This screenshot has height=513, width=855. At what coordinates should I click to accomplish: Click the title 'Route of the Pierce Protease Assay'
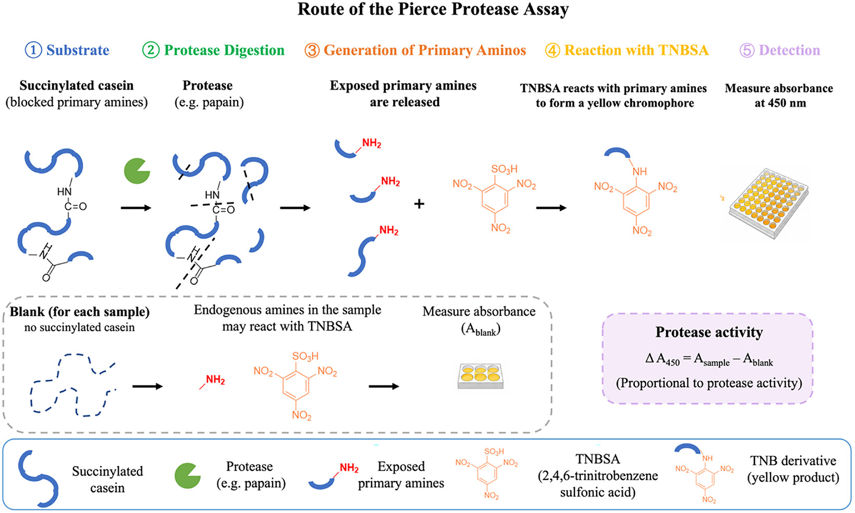point(433,9)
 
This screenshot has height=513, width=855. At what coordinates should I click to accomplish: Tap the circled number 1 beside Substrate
point(33,50)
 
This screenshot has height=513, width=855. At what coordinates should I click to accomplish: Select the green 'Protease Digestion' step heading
point(224,50)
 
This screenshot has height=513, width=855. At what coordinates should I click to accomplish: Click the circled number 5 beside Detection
point(747,50)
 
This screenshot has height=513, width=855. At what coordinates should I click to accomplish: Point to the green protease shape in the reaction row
point(136,171)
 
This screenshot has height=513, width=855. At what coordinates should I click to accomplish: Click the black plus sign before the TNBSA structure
point(419,204)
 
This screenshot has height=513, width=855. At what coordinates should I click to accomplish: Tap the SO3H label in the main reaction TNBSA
point(504,169)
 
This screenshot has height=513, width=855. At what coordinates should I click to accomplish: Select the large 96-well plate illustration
point(769,203)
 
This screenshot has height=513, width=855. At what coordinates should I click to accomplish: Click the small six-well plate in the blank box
point(481,376)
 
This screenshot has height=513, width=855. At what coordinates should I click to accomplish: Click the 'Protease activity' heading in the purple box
point(709,332)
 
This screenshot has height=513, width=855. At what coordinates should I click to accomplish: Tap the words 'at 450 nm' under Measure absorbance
point(780,103)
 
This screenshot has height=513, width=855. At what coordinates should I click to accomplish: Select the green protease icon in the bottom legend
point(187,476)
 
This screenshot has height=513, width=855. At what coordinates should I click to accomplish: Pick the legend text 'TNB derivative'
point(793,461)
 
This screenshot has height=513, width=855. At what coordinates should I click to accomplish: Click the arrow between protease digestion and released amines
point(295,208)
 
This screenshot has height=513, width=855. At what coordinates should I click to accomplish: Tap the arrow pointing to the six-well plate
point(384,386)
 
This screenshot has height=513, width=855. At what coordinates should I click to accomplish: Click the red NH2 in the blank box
point(215,380)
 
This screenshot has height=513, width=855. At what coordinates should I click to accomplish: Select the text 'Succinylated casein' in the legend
point(107,480)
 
